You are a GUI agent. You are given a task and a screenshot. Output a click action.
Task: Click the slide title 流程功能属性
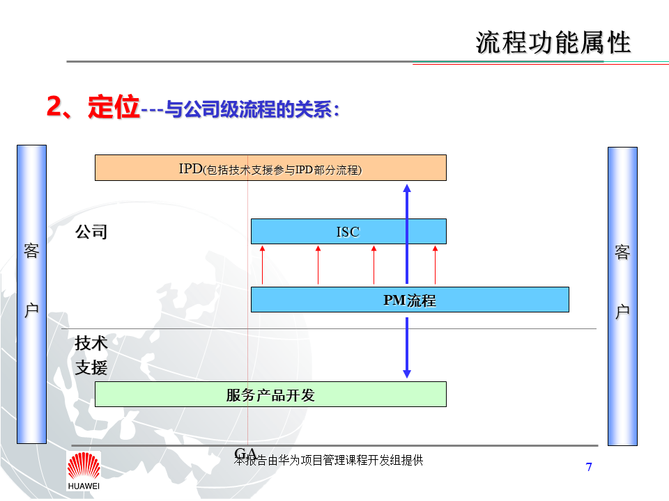click(x=553, y=42)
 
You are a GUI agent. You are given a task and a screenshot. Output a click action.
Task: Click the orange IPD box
click(x=270, y=168)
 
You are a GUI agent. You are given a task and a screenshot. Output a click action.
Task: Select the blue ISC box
click(x=348, y=231)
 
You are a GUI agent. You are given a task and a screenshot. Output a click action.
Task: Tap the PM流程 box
click(x=410, y=300)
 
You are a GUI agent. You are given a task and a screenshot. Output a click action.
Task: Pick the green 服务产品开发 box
click(x=270, y=395)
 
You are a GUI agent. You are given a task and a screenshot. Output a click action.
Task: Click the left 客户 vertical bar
click(x=31, y=294)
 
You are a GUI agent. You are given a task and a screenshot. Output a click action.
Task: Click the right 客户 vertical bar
click(x=622, y=296)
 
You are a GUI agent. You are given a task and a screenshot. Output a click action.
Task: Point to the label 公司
click(x=91, y=232)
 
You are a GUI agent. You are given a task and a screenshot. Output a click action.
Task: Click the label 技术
click(x=91, y=343)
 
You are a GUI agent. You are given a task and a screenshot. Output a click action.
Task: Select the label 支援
click(x=91, y=367)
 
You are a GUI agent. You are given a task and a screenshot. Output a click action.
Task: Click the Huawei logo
click(x=83, y=470)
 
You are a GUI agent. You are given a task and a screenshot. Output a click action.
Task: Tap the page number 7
click(x=589, y=467)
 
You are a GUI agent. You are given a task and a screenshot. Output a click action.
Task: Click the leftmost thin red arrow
click(x=263, y=264)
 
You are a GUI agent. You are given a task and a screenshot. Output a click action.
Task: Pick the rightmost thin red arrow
click(x=435, y=264)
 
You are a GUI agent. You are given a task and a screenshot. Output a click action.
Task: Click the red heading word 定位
click(x=114, y=108)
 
